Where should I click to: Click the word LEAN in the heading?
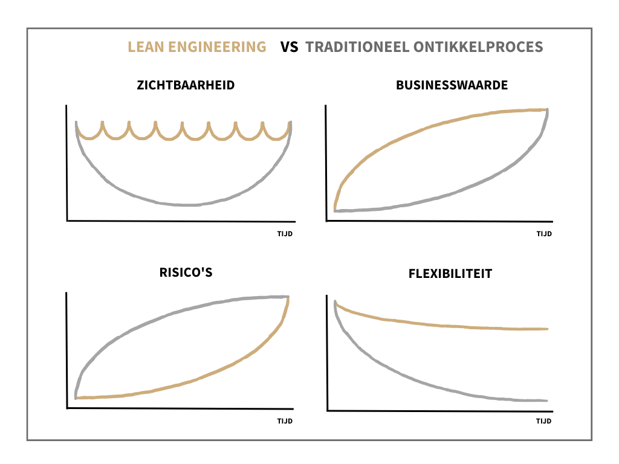point(144,47)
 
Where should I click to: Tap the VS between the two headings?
point(290,47)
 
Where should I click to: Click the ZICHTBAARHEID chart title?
point(185,85)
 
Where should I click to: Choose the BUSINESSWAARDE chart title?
point(452,85)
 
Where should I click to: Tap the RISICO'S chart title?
point(185,272)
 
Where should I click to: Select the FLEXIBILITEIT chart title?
point(450,274)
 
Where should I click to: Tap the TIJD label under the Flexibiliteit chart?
point(544,422)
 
